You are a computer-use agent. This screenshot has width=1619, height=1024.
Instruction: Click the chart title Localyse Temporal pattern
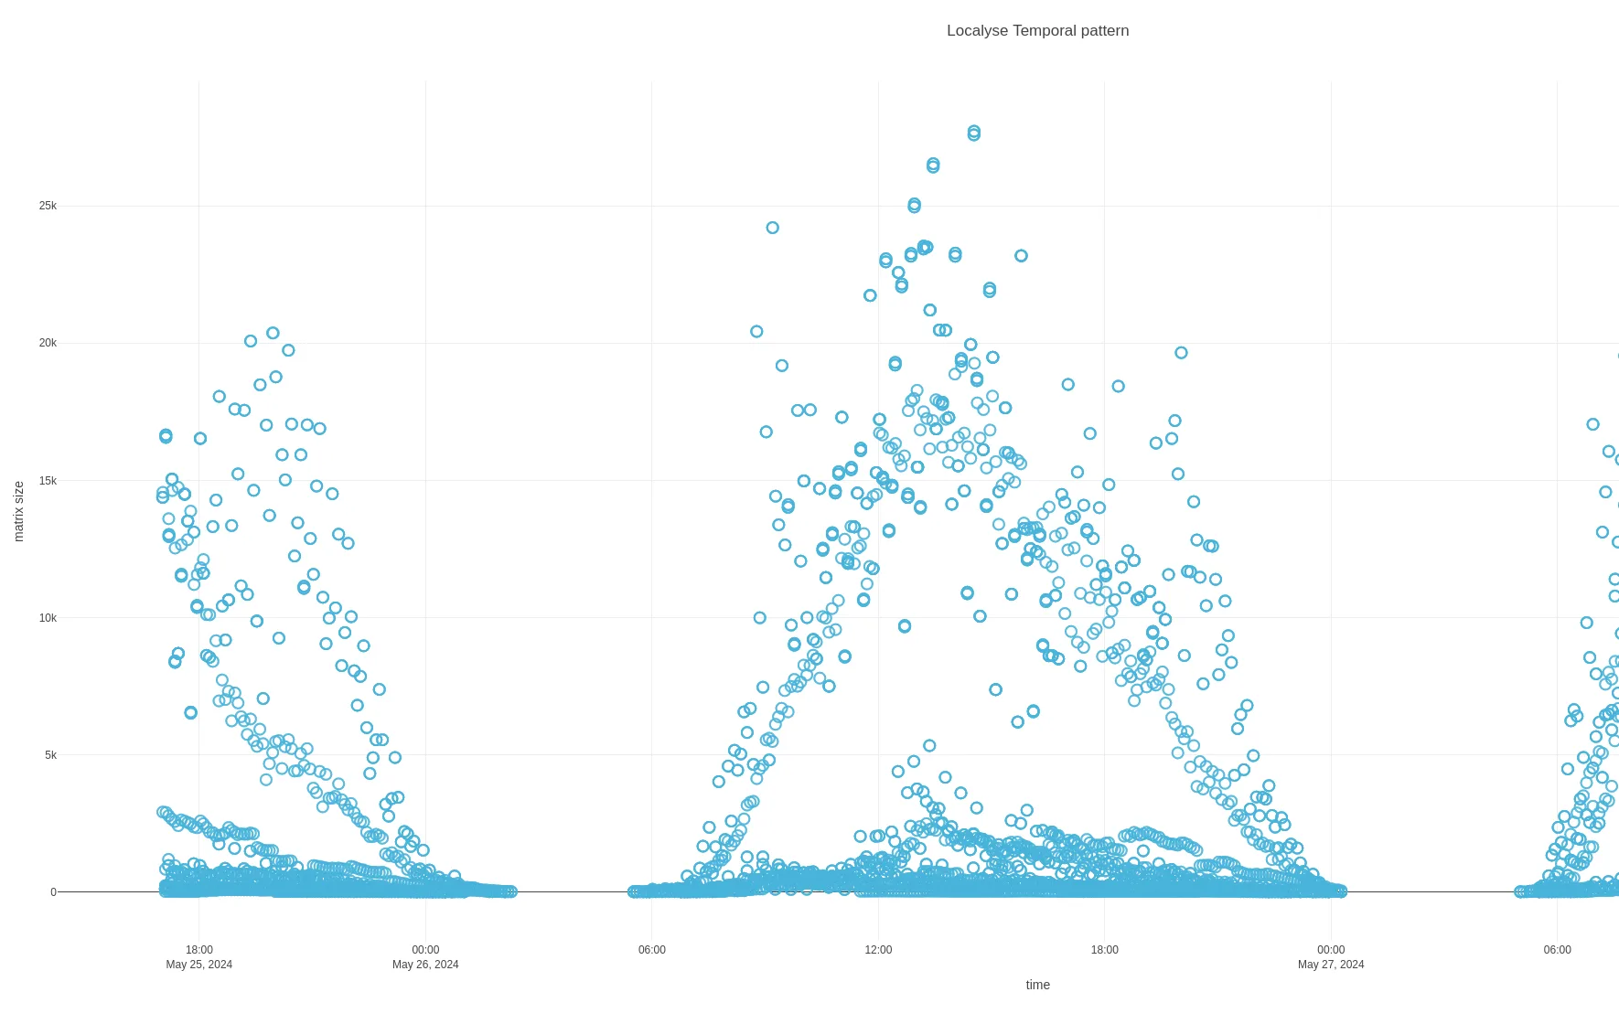1037,30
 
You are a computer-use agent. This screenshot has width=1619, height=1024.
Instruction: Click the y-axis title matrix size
18,512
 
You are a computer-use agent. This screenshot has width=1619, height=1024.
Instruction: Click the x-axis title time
1037,985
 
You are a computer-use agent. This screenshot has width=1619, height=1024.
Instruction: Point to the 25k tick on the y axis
48,206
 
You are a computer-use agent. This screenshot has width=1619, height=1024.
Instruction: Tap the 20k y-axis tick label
48,343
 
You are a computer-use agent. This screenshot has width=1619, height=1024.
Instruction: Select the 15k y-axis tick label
48,481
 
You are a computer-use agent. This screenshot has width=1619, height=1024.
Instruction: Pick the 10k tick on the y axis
48,618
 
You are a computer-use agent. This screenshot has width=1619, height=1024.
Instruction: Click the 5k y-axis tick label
50,755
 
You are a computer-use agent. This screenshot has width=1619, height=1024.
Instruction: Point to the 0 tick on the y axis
53,892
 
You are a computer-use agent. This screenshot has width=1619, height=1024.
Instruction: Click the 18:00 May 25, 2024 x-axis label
198,956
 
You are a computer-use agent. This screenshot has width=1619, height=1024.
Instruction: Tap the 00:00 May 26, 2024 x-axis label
425,956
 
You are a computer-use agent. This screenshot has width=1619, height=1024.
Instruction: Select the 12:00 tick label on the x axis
878,950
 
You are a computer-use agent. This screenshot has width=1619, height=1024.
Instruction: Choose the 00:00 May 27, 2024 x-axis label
1331,956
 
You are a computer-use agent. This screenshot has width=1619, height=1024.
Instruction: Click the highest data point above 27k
974,133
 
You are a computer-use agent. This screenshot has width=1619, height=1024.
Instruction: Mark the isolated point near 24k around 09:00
772,228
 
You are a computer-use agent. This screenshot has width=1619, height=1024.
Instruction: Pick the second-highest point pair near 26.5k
933,165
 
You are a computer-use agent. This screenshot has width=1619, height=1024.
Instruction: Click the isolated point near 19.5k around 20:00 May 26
1181,353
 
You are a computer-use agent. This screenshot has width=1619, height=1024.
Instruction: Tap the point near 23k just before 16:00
1021,256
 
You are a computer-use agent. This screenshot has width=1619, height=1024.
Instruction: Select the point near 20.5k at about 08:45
756,332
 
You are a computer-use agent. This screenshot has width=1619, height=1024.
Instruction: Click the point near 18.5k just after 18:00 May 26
1118,387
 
